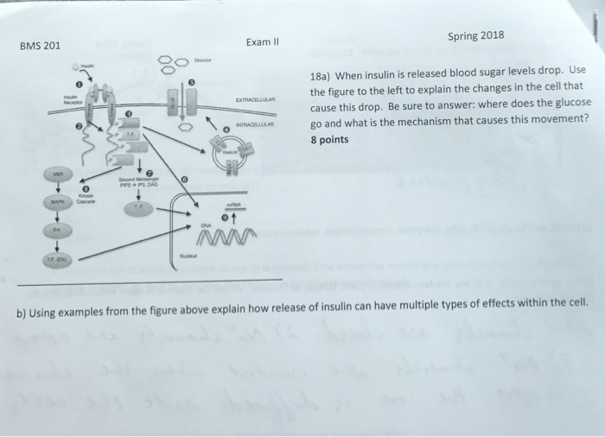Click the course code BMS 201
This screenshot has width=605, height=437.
tap(40, 46)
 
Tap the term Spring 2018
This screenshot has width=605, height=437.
tap(476, 35)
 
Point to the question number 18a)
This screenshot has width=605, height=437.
tap(323, 75)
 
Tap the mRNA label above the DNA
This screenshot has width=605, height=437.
tap(234, 205)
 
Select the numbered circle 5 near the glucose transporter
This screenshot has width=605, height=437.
tap(193, 81)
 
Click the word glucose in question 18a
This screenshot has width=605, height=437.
tap(574, 101)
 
